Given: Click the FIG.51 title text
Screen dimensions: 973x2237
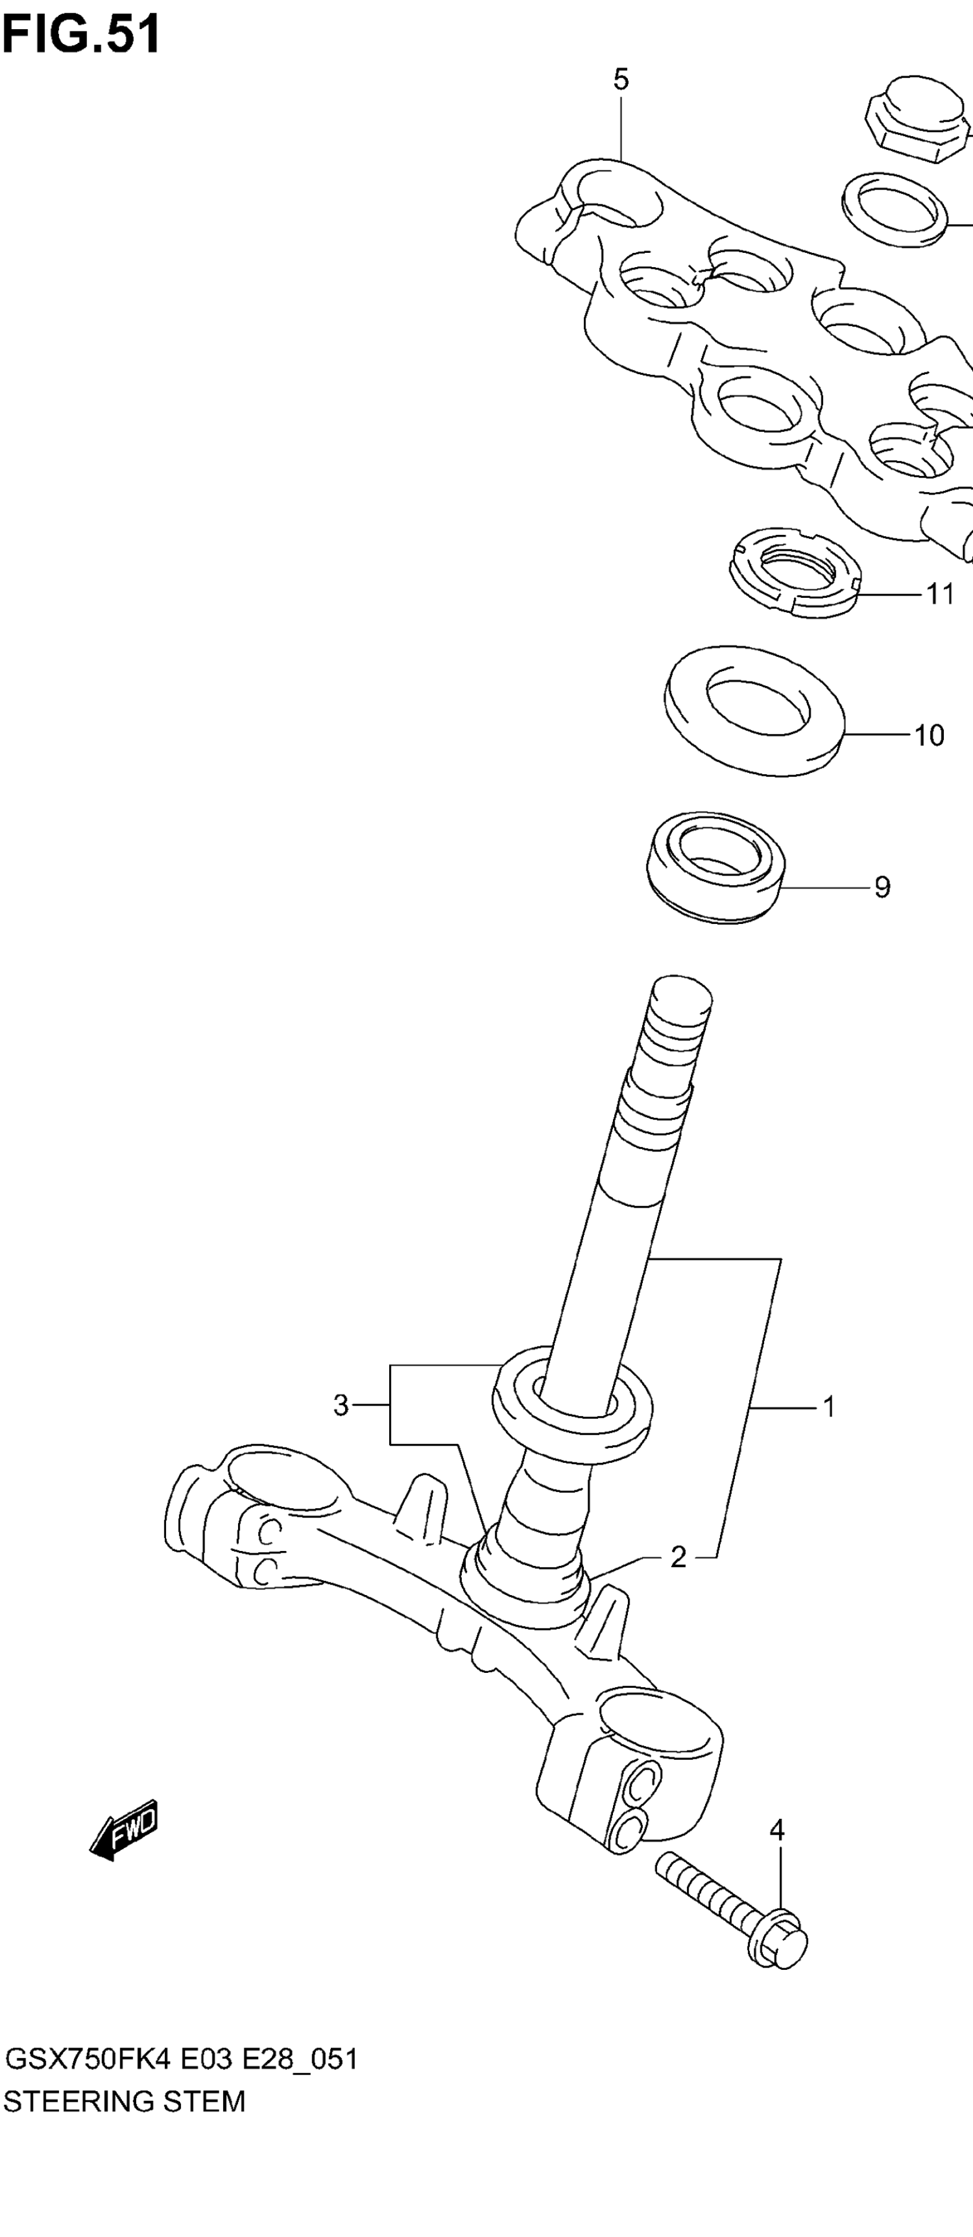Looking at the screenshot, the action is click(x=81, y=35).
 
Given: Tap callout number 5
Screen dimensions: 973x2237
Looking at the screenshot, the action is click(x=620, y=80).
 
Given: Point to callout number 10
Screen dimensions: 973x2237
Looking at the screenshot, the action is click(x=929, y=736).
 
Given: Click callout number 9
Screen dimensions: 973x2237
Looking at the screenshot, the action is click(x=882, y=887).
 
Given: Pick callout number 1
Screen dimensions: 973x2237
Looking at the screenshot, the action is click(x=829, y=1406).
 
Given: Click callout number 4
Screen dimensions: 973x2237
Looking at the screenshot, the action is click(x=777, y=1830).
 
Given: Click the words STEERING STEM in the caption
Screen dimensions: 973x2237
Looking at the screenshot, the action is click(x=124, y=2101).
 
